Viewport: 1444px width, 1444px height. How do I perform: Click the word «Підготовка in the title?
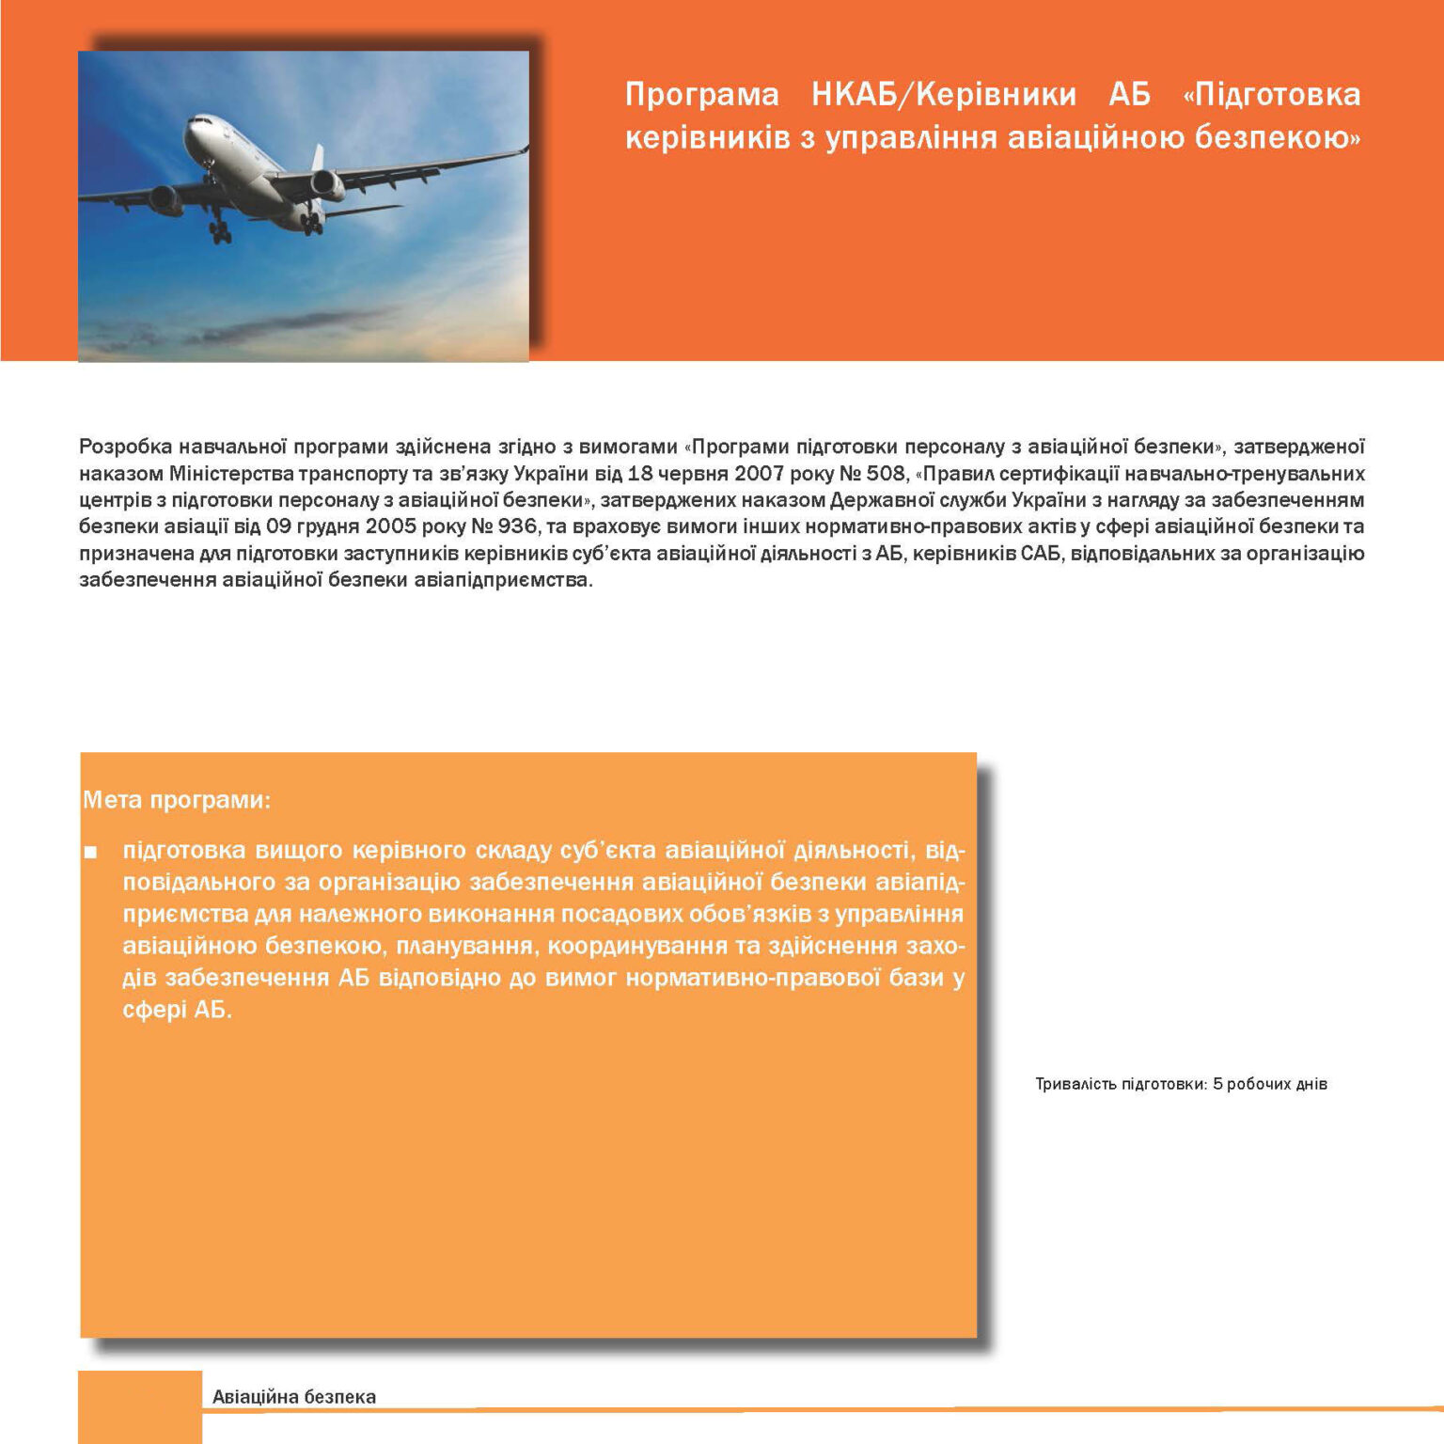click(1270, 94)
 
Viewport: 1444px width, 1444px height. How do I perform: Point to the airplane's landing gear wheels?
click(220, 231)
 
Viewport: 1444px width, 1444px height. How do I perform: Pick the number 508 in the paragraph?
click(885, 473)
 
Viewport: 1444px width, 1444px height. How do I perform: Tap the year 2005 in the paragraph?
click(391, 526)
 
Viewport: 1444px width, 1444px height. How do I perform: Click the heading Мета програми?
click(177, 800)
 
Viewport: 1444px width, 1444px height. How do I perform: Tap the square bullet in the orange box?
click(90, 853)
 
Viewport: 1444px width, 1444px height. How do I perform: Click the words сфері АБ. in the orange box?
click(177, 1010)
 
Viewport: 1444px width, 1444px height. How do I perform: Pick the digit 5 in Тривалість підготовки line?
click(1217, 1084)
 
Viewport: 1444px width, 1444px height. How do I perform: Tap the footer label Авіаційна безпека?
click(293, 1397)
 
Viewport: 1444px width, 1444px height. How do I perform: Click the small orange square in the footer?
click(140, 1406)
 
